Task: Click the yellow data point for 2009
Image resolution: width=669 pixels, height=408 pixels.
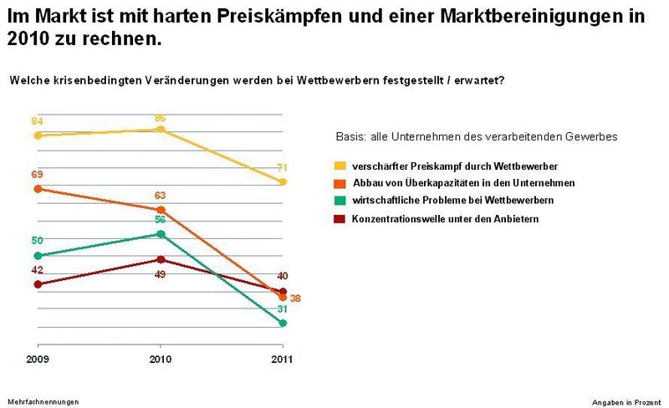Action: (x=37, y=135)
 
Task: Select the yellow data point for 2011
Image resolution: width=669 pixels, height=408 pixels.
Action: (x=283, y=181)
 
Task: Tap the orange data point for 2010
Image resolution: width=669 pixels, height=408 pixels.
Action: (x=161, y=209)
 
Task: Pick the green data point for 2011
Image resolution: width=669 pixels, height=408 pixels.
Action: (x=283, y=323)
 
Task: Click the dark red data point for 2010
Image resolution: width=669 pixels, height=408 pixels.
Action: (x=161, y=259)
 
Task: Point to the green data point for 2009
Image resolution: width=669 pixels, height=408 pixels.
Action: (x=37, y=255)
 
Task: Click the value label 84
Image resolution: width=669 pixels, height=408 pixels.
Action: (x=38, y=120)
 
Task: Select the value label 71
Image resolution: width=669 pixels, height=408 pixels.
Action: (x=283, y=167)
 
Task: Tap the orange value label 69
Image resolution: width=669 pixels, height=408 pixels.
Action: (x=38, y=174)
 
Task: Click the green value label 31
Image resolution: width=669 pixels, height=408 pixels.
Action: (x=283, y=309)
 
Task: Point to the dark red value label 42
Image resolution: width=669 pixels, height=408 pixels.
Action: (x=38, y=270)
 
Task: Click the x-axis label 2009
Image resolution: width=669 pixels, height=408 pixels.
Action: (x=37, y=359)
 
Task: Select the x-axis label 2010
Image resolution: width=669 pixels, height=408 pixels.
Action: (x=161, y=359)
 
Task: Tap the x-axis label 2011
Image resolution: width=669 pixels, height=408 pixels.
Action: (x=283, y=359)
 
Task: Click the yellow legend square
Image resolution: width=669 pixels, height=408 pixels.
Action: (x=340, y=166)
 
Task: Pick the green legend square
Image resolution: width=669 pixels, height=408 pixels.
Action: (x=340, y=201)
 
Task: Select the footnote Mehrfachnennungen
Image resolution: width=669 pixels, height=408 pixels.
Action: (x=43, y=401)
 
